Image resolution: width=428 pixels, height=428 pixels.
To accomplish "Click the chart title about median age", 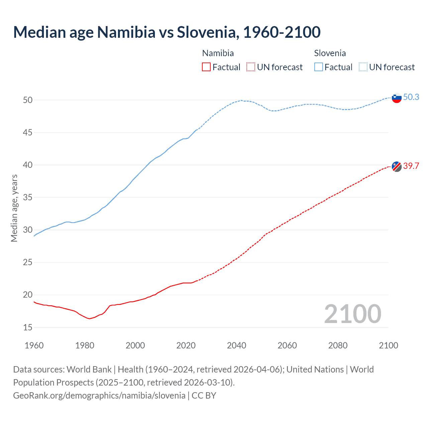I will pos(167,32).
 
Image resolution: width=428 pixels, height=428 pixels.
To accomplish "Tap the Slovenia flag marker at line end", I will pos(397,98).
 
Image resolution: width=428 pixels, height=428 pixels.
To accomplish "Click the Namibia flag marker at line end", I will pos(397,166).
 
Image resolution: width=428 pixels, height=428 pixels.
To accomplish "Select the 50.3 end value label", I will pos(411,97).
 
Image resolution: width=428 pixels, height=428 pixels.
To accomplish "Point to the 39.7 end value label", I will pos(411,166).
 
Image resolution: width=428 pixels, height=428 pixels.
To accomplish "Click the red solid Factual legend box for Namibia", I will pos(206,67).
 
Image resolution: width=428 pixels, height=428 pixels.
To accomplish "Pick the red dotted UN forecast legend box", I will pos(251,67).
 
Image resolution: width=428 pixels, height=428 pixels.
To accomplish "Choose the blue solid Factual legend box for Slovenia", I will pos(319,67).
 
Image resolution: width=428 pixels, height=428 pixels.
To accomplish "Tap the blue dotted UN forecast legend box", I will pos(363,67).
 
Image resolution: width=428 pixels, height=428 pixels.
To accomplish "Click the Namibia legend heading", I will pos(218,53).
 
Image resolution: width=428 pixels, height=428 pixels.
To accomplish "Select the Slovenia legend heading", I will pos(330,53).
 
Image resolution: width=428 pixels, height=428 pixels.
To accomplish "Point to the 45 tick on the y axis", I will pos(28,132).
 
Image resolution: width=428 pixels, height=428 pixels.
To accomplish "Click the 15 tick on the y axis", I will pos(28,327).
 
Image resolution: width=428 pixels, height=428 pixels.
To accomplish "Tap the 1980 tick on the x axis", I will pos(85,345).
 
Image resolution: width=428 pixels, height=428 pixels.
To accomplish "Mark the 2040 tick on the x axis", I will pos(236,345).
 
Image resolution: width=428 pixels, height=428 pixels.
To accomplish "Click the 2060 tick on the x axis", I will pos(287,345).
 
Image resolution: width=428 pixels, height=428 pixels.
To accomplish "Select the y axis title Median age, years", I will pos(14,208).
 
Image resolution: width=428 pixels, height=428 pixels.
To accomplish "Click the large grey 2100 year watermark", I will pos(352,314).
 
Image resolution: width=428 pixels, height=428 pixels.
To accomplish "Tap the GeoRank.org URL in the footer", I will pos(99,396).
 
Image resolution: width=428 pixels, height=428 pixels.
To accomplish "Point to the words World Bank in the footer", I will pos(89,369).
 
